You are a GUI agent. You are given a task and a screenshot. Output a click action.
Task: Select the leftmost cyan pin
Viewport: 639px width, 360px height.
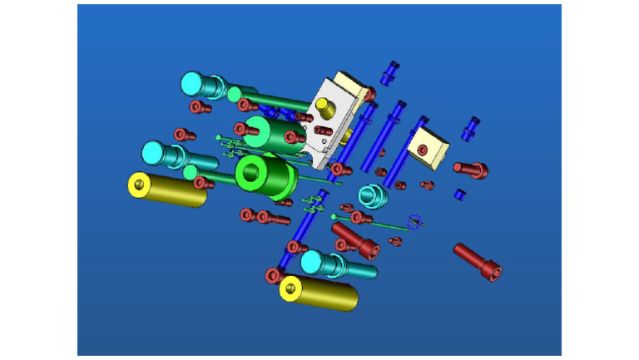point(166,155)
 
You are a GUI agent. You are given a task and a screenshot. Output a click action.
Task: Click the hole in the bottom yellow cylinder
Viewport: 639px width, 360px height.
point(290,288)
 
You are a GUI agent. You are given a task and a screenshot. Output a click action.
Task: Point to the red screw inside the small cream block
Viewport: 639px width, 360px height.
point(423,150)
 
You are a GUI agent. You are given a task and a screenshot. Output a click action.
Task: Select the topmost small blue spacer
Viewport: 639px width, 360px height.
point(390,73)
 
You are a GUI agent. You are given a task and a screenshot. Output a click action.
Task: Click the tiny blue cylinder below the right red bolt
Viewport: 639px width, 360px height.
point(458,194)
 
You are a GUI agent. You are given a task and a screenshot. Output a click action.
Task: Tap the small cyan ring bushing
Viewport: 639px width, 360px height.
point(371,198)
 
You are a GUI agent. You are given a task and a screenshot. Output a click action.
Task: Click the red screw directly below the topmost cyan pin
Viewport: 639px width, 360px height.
point(198,106)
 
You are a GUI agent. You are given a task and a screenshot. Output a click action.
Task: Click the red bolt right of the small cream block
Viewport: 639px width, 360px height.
point(471,170)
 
